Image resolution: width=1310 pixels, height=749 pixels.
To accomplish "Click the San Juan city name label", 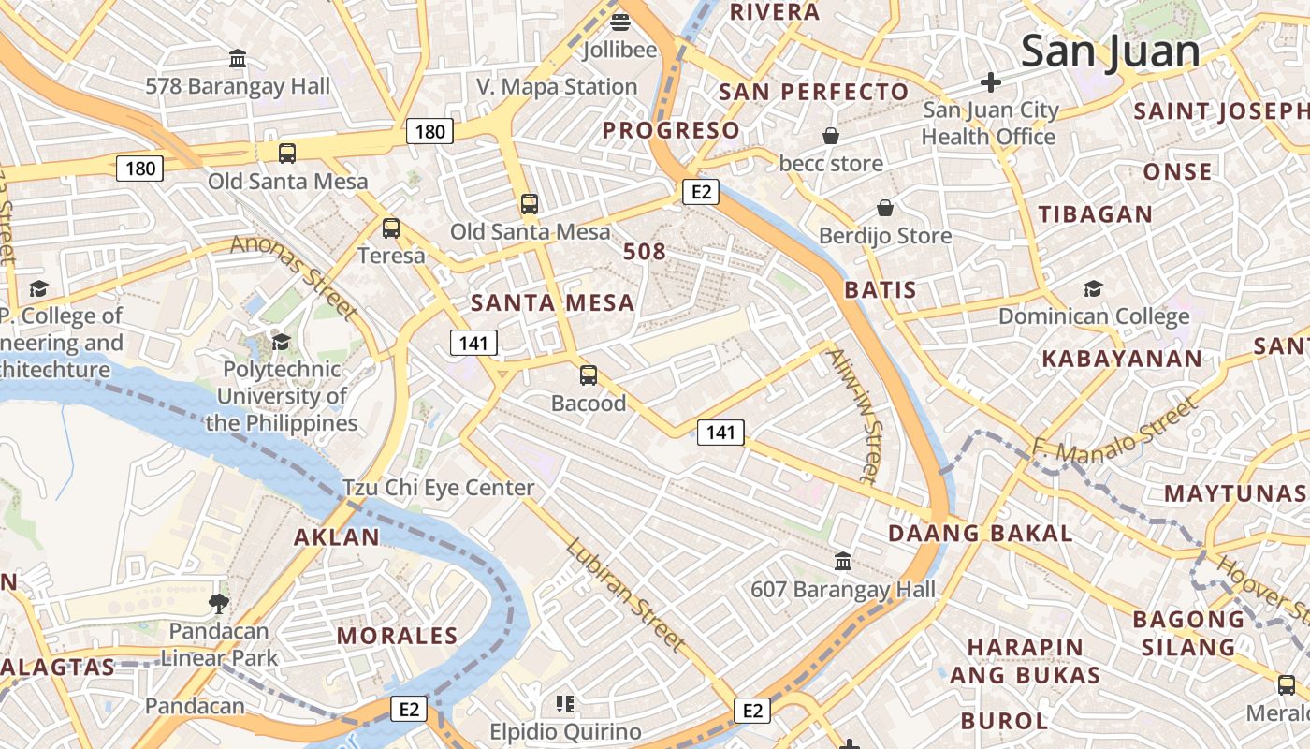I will [x=1110, y=51].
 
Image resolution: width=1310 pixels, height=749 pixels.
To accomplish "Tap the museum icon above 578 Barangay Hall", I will [x=238, y=59].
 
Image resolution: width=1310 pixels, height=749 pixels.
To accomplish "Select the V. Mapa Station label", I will [x=557, y=87].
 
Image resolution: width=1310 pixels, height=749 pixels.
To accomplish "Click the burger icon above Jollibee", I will [x=620, y=22].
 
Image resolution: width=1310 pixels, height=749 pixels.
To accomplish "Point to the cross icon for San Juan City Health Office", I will [x=990, y=82].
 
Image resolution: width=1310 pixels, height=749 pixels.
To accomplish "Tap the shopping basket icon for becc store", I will [x=830, y=137].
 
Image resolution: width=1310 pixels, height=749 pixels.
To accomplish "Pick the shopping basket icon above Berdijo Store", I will [x=884, y=208].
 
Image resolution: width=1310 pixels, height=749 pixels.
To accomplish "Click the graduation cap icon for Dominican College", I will [x=1093, y=288].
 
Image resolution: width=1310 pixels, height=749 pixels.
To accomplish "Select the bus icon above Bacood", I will [x=588, y=375].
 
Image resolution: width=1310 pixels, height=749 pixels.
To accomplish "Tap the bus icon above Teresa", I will [x=391, y=228].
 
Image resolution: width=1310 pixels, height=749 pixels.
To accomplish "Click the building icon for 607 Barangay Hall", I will [x=842, y=562].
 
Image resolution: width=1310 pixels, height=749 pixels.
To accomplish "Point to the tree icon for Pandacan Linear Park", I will [x=219, y=604].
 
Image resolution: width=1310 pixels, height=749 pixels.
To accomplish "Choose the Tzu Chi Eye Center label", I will [x=438, y=488].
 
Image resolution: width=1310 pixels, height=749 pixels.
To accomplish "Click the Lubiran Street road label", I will [x=625, y=595].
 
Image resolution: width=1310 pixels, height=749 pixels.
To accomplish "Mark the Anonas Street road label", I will [x=294, y=275].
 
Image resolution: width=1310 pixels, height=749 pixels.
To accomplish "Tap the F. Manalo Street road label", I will [x=1113, y=430].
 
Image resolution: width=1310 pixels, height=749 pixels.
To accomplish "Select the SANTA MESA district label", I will [x=552, y=302].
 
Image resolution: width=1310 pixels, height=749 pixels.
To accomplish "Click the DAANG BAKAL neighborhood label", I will [x=980, y=534].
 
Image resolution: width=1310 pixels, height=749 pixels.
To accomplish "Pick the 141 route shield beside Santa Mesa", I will [x=473, y=344].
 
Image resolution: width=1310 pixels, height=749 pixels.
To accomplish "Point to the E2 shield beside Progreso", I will [x=700, y=193].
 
